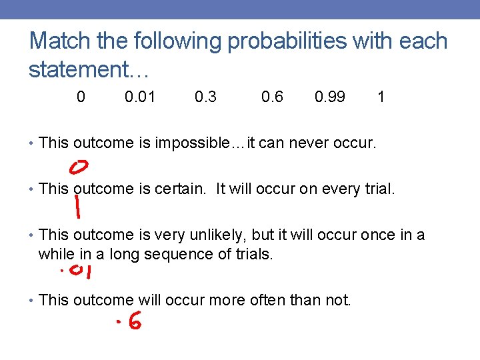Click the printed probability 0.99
[x=330, y=97]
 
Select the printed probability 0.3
[x=205, y=97]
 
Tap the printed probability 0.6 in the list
[x=272, y=97]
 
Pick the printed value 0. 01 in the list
[x=140, y=97]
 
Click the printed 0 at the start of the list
[x=81, y=97]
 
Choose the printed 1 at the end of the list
[x=381, y=97]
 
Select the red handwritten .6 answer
[x=128, y=323]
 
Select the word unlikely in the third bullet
[x=203, y=235]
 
